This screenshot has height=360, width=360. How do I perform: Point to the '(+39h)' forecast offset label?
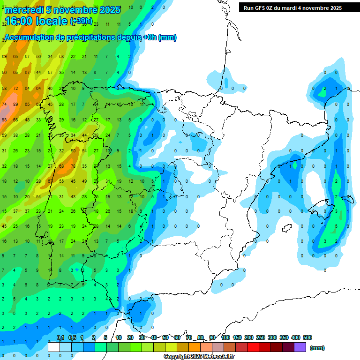tap(81, 22)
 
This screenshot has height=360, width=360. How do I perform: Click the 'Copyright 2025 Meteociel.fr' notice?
tap(199, 357)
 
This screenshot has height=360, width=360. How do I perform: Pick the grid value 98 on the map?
tap(4, 120)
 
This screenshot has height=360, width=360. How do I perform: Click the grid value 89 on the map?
tap(16, 104)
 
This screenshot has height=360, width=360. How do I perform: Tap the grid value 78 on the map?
tap(73, 166)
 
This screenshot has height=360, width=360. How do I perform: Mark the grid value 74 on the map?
tap(4, 104)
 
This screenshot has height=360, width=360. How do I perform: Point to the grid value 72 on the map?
tap(16, 88)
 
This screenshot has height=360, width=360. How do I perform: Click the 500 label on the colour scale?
tap(307, 337)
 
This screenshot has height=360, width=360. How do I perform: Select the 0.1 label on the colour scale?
tap(60, 337)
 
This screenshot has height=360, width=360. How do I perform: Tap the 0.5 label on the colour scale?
tap(72, 337)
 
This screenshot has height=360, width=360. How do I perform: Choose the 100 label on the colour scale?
tap(225, 337)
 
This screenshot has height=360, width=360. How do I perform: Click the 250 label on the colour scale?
tap(261, 337)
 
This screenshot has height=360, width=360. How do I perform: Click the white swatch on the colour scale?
tap(54, 347)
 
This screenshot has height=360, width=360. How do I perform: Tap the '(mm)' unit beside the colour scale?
tap(317, 348)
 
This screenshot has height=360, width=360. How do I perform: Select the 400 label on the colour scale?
tap(296, 337)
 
